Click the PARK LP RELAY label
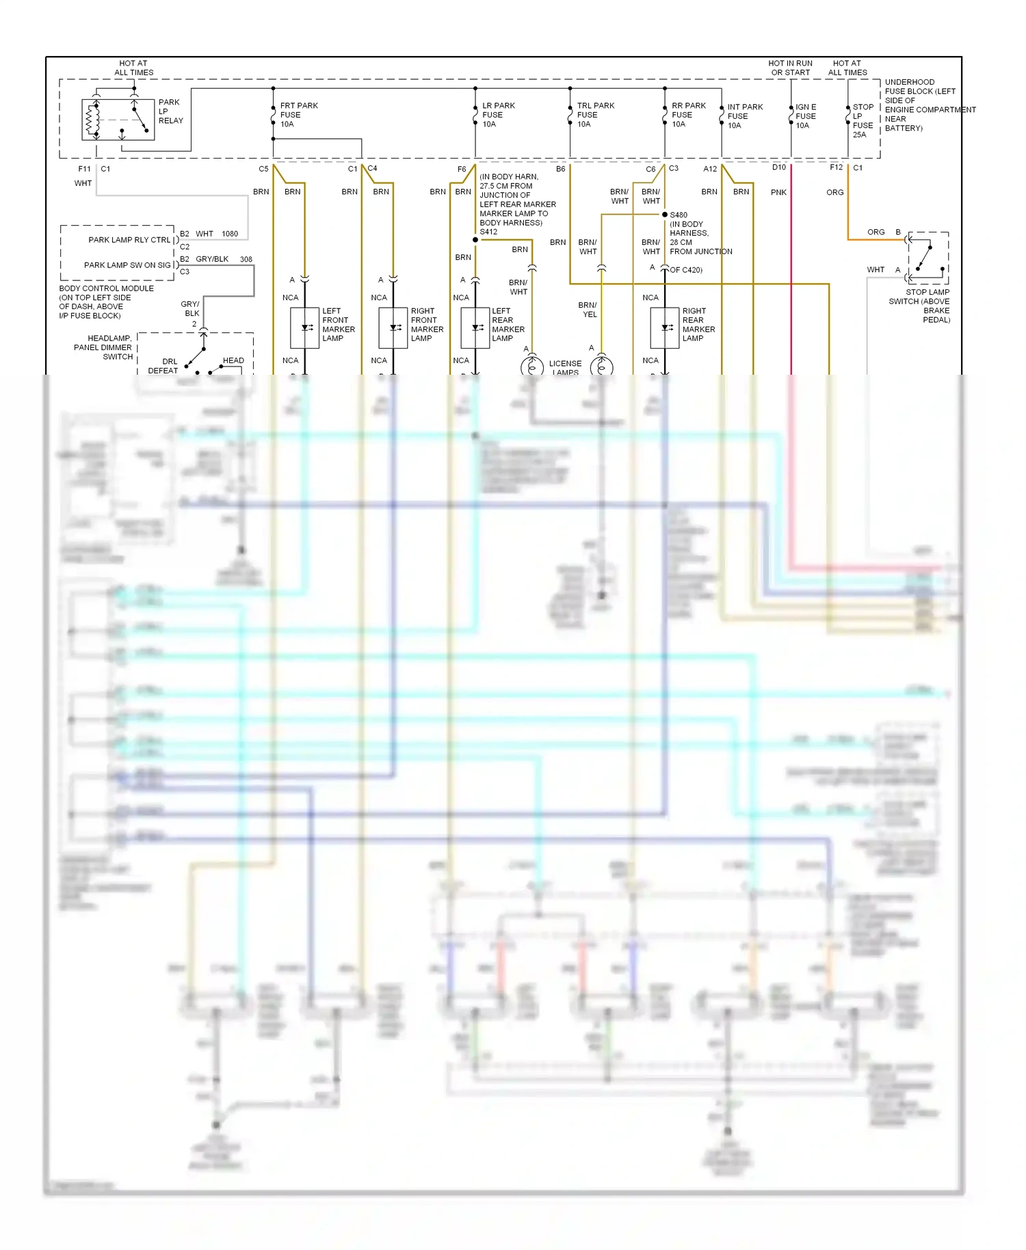(170, 111)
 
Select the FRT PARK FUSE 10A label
(298, 115)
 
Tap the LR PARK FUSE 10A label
(498, 115)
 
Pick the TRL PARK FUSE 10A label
(595, 115)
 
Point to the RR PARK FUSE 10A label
(688, 115)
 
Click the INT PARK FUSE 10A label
(744, 116)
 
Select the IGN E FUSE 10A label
(806, 116)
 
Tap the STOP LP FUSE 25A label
(863, 121)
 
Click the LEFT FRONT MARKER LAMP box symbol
(304, 328)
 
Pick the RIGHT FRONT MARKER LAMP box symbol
(393, 328)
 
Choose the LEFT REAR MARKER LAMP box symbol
(475, 328)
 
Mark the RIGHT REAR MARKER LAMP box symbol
(664, 328)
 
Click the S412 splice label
(488, 232)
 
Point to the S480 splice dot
(664, 215)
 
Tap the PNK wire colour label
(778, 193)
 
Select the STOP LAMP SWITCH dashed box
(928, 258)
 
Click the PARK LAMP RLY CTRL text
(129, 240)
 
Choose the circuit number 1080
(230, 234)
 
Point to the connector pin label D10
(779, 168)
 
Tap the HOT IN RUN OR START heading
(790, 68)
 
